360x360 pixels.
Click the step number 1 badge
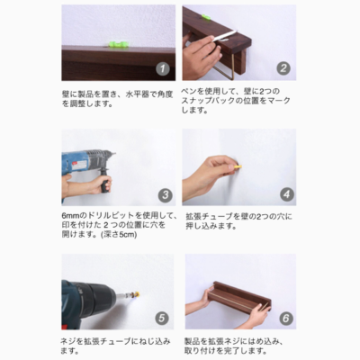[163, 69]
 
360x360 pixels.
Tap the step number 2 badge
[283, 68]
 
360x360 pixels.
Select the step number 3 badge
[166, 195]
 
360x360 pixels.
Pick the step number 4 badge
[287, 194]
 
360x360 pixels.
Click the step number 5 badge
[162, 318]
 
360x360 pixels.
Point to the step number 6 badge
[286, 318]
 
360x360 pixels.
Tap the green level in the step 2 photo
[206, 17]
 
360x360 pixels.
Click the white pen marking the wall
[223, 37]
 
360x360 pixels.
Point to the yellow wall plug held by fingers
[237, 166]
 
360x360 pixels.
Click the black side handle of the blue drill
[105, 182]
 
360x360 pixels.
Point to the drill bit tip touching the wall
[114, 154]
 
